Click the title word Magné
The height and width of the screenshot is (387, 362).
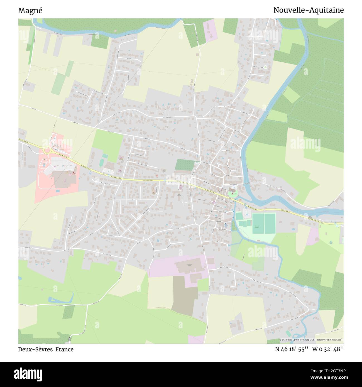pos(30,11)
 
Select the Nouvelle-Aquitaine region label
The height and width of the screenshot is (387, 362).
pos(308,10)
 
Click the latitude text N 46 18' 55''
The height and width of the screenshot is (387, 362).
pos(291,349)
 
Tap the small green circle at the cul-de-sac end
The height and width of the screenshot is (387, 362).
pos(265,67)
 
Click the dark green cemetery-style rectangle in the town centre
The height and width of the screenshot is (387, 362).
pos(185,165)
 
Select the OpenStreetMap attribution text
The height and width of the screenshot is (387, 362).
pos(311,340)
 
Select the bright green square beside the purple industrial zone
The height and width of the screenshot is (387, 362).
pos(203,285)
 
